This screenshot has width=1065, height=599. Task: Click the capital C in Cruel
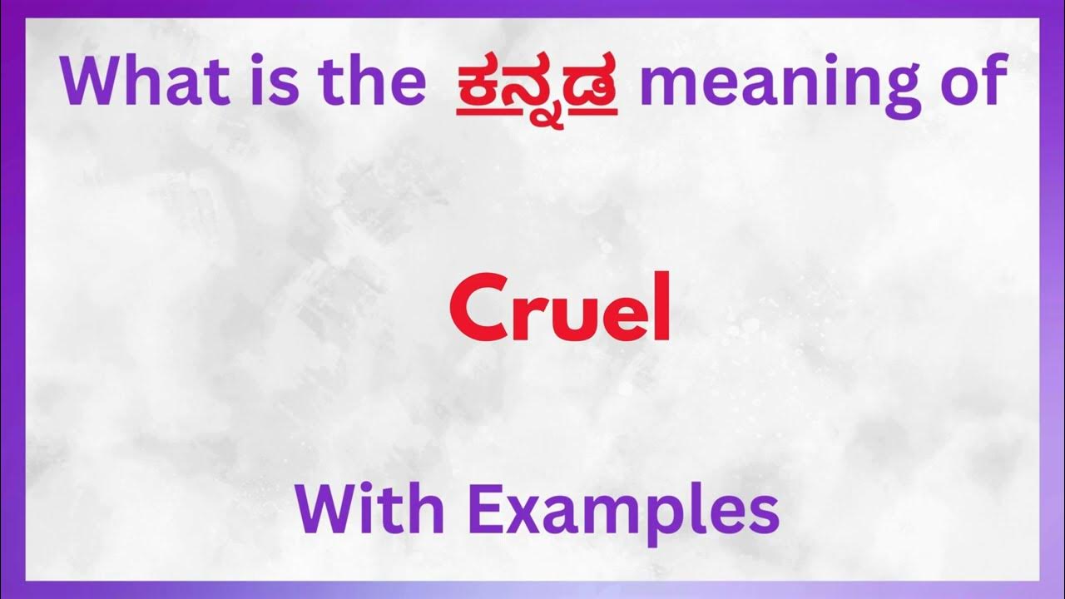pyautogui.click(x=474, y=311)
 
